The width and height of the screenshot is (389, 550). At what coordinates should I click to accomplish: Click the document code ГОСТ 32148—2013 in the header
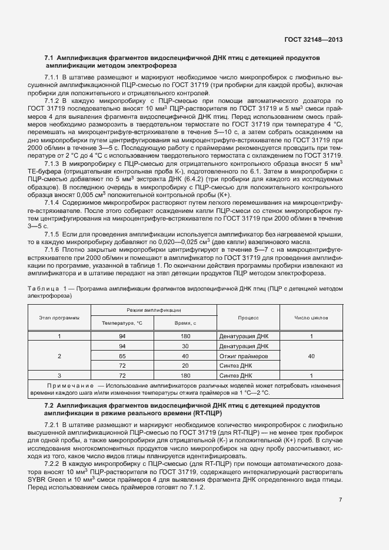(313, 40)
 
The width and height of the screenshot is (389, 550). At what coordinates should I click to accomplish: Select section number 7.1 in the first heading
(49, 59)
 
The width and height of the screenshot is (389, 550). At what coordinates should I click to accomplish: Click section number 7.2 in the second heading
(49, 406)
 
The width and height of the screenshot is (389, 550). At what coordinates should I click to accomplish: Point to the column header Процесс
(249, 317)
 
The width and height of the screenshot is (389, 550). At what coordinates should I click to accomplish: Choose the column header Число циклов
(312, 317)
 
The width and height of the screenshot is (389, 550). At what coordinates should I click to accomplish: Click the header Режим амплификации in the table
(154, 310)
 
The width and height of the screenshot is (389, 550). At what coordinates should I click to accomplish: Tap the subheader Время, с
(185, 324)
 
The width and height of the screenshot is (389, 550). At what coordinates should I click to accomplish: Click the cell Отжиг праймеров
(244, 356)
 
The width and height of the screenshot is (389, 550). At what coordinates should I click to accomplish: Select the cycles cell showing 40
(312, 356)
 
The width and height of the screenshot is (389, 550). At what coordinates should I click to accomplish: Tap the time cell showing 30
(185, 346)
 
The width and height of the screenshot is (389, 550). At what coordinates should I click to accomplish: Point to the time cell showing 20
(185, 366)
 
